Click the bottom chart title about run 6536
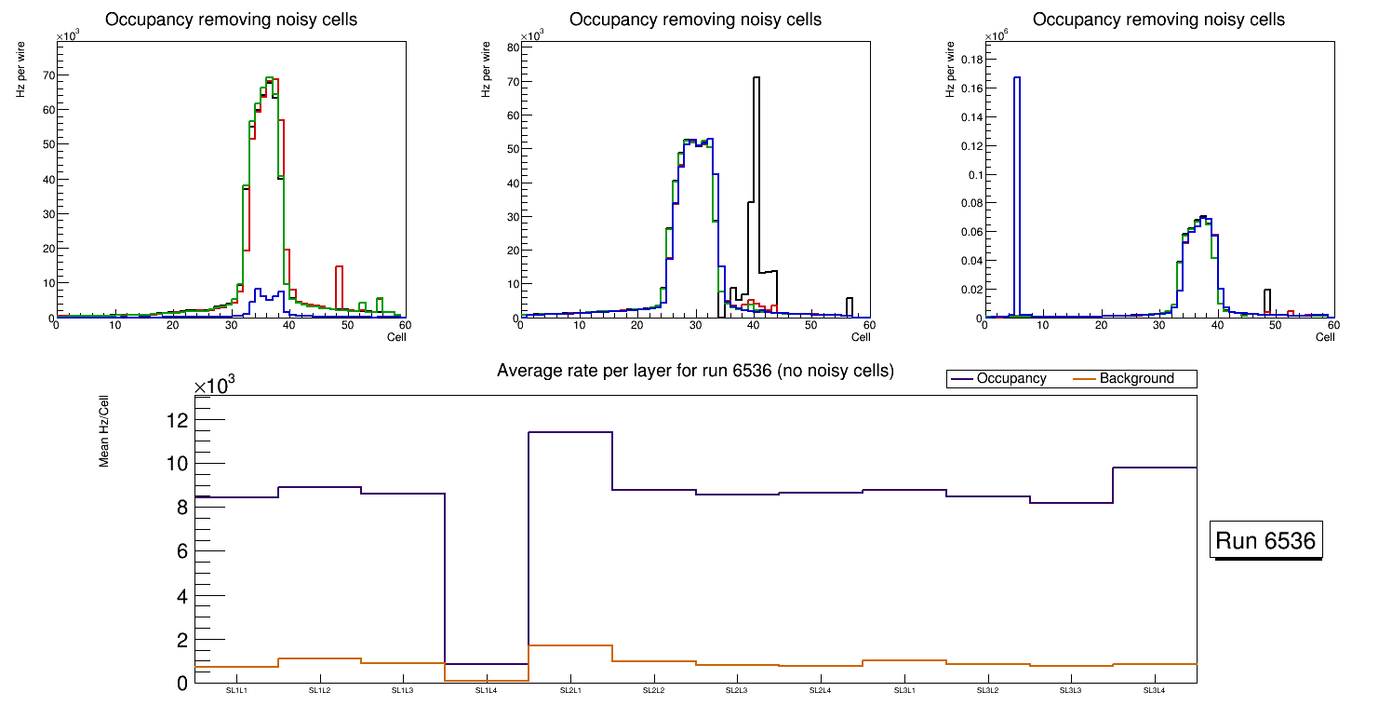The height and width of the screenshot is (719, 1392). (x=695, y=371)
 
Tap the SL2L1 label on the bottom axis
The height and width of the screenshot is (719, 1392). (x=569, y=691)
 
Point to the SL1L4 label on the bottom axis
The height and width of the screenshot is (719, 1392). (x=487, y=691)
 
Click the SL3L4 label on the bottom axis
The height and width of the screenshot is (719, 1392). (x=1154, y=691)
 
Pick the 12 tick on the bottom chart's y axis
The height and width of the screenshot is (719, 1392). (x=177, y=421)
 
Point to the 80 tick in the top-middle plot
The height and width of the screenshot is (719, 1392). (x=512, y=47)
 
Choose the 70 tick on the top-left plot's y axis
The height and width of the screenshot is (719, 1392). (x=48, y=75)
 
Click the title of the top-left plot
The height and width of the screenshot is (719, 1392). (x=231, y=20)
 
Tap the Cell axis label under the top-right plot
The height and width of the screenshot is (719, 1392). (x=1325, y=337)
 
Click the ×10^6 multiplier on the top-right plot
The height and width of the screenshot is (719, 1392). (x=996, y=36)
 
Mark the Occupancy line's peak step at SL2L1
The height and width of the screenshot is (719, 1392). (x=570, y=432)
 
